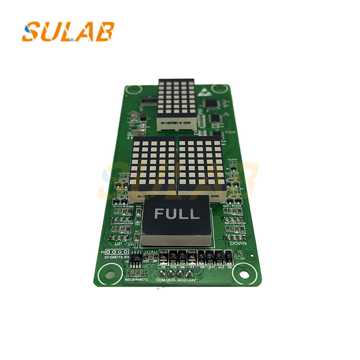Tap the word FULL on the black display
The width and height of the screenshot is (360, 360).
pos(177,214)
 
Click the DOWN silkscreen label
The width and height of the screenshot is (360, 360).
pos(238,243)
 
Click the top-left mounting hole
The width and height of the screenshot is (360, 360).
pos(129,90)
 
